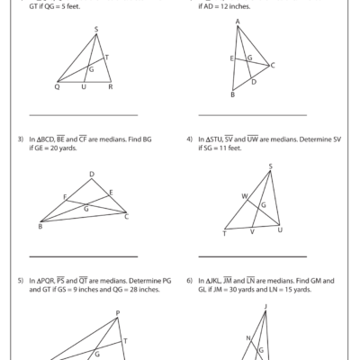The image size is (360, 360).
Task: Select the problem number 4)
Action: pos(190,139)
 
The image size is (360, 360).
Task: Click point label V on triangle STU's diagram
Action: pos(252,233)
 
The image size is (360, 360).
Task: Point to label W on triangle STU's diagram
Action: pos(243,194)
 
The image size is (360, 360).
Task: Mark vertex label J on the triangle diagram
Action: pos(265,306)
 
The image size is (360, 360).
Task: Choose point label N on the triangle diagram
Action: pos(248,338)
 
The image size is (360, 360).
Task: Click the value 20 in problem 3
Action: pos(56,148)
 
